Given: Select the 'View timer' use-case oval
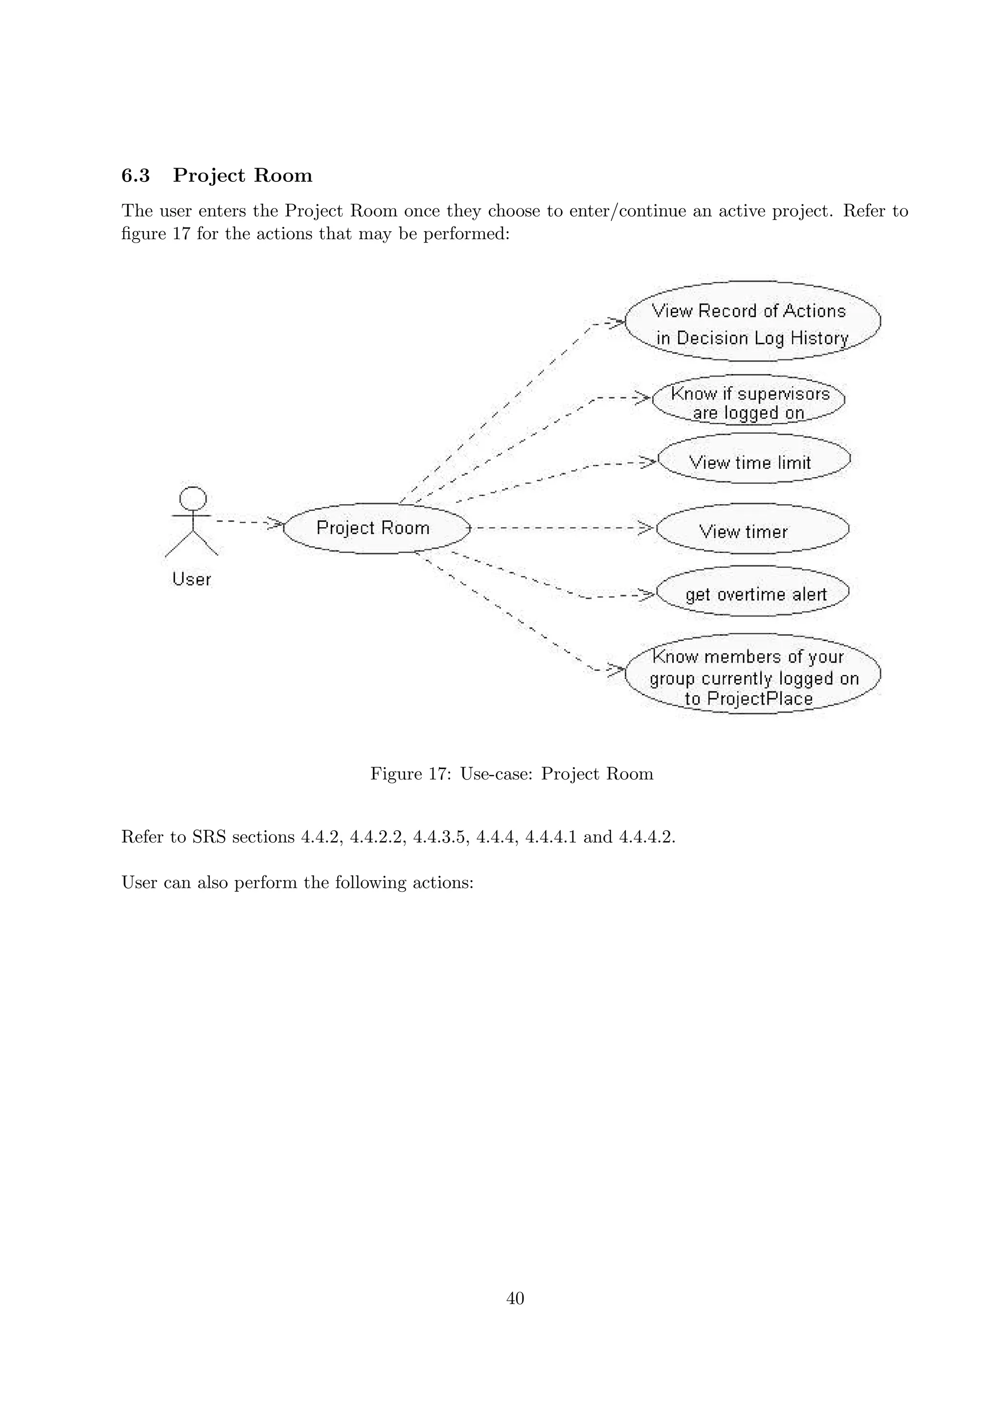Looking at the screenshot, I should [752, 530].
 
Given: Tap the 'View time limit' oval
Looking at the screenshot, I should [753, 459].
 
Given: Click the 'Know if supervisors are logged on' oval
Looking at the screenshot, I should [748, 400].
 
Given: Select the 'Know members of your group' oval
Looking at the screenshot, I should [752, 674].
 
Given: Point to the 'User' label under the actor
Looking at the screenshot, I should [191, 579].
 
